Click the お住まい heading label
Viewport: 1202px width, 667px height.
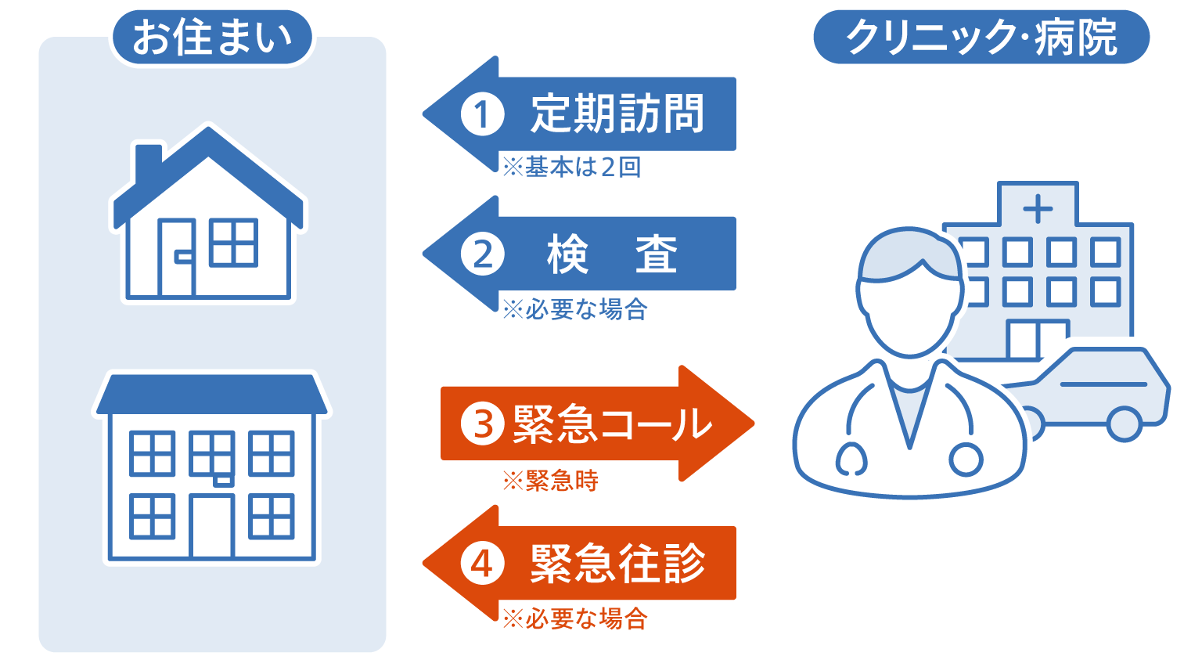[212, 38]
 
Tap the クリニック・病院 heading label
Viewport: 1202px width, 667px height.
[981, 37]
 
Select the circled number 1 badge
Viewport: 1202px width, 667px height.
[482, 114]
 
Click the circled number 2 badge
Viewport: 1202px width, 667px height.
[482, 254]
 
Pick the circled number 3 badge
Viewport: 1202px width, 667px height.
[482, 424]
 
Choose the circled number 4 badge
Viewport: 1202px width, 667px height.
[482, 564]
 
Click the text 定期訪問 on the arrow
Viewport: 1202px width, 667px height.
[617, 114]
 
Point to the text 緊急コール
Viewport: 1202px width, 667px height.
[612, 424]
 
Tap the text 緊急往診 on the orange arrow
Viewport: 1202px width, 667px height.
[617, 564]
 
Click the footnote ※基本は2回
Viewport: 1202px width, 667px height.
[572, 167]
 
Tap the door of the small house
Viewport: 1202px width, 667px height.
[177, 258]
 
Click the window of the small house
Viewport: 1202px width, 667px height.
[233, 242]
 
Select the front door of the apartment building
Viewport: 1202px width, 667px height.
[212, 526]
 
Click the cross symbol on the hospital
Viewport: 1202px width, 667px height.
[1038, 208]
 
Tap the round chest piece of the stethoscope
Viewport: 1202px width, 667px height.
[966, 460]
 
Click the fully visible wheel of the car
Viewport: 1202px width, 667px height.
[1125, 424]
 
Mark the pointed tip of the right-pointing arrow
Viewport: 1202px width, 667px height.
[754, 424]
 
